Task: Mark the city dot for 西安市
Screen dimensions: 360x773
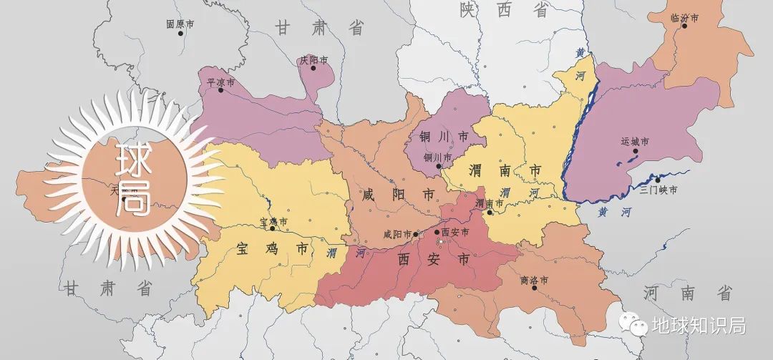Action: coord(437,233)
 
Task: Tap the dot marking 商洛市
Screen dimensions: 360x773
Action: coord(534,287)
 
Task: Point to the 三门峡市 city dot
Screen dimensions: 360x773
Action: coord(657,180)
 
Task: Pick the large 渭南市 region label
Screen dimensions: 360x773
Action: coord(505,171)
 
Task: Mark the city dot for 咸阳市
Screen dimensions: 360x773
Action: coord(415,233)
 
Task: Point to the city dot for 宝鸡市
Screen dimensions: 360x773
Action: coord(272,229)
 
